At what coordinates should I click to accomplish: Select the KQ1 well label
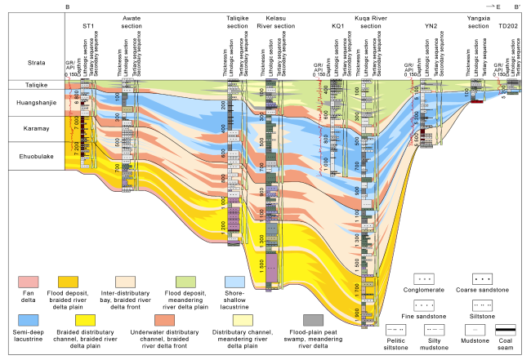(x=337, y=25)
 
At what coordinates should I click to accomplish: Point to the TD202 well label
(x=506, y=25)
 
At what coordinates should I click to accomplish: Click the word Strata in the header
(x=31, y=56)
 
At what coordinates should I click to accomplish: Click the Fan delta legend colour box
(x=29, y=285)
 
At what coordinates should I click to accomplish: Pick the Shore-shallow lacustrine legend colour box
(x=234, y=285)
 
